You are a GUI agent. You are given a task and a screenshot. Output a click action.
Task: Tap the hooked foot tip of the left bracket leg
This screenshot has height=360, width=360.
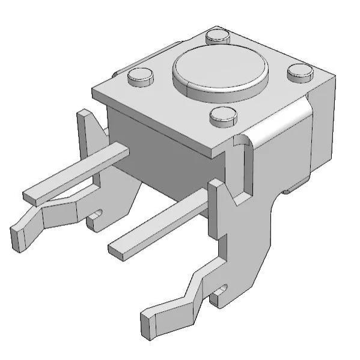point(17,236)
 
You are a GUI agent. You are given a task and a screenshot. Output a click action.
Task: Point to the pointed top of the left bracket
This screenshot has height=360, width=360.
point(84,112)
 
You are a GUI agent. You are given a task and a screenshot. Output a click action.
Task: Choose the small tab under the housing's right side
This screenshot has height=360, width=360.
point(294,189)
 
